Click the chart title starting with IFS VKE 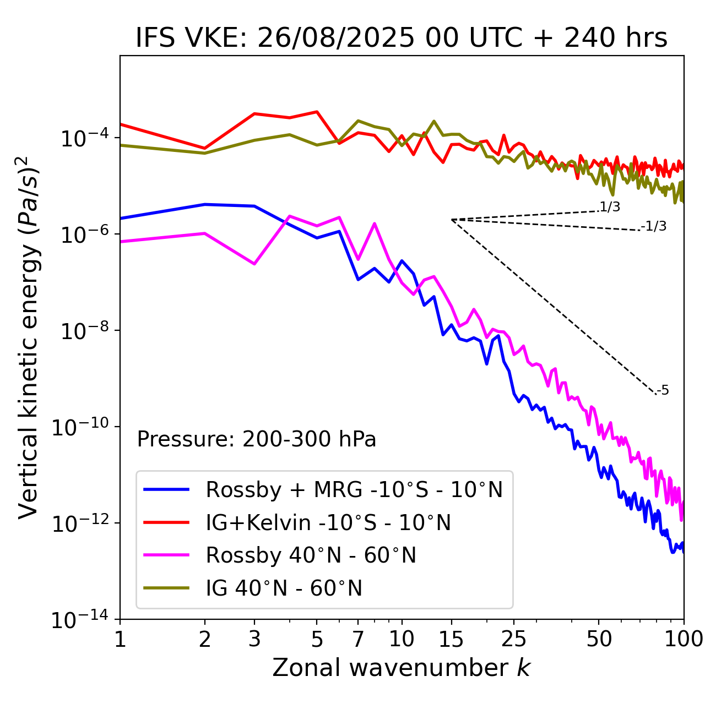tap(402, 37)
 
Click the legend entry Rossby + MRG tap(354, 489)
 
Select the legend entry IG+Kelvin tap(328, 522)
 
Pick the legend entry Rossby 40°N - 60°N tap(311, 555)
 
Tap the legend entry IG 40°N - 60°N tap(284, 588)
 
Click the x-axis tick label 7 tap(358, 639)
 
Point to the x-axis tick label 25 tap(513, 639)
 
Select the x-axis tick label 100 tap(683, 639)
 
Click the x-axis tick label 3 tap(254, 639)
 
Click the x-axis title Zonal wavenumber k tap(402, 668)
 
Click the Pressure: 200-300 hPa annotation tap(256, 439)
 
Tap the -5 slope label tap(663, 391)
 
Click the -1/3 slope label tap(654, 226)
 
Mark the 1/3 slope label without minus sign tap(610, 207)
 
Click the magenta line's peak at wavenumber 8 tap(375, 223)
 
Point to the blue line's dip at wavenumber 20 tap(487, 363)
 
